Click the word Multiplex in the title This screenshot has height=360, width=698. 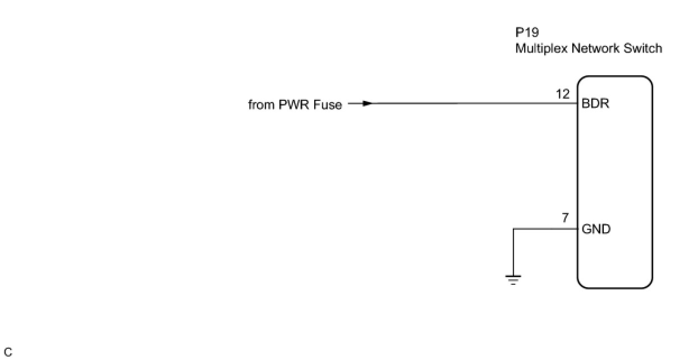(541, 49)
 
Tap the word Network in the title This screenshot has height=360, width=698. (593, 49)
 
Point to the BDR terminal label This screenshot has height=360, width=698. (596, 104)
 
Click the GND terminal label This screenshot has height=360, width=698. (596, 229)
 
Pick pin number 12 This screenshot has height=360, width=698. (563, 95)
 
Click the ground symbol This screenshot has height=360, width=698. (513, 279)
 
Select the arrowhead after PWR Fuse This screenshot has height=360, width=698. (366, 104)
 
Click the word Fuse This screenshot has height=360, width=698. (328, 105)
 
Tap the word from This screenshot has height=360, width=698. (261, 105)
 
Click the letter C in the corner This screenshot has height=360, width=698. (8, 353)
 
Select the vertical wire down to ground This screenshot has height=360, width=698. (513, 252)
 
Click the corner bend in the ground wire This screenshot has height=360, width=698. (513, 229)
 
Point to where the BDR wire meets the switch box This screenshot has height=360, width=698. (578, 104)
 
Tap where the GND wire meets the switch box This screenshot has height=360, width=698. (578, 229)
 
